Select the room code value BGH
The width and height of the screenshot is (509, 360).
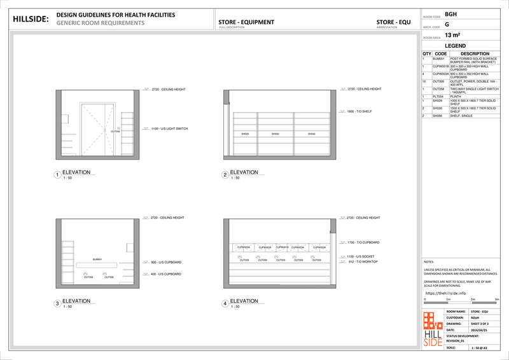point(450,13)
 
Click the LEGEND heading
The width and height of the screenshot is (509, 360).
point(456,46)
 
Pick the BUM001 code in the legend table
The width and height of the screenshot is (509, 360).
point(438,58)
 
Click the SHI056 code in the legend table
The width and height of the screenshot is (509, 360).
point(438,116)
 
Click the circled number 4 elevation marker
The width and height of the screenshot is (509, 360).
point(225,304)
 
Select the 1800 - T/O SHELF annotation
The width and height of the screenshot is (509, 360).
point(359,111)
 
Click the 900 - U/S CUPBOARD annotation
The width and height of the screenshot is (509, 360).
point(167,262)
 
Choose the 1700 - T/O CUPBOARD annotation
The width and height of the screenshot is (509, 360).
point(363,242)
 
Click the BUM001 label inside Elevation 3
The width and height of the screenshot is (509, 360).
point(97,260)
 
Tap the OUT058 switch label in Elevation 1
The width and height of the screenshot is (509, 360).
point(115,131)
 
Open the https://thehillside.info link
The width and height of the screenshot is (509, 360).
point(445,293)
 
